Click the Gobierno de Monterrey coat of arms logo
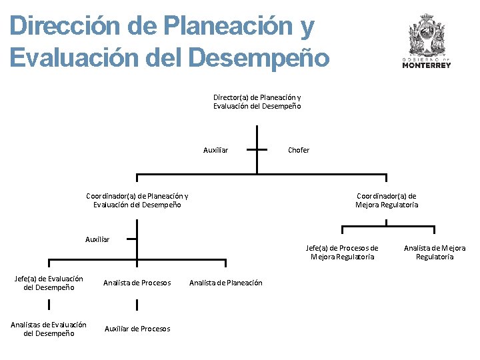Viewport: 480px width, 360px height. point(426,37)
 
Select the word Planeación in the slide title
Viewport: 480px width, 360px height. point(225,27)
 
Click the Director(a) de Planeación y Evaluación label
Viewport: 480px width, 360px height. point(257,101)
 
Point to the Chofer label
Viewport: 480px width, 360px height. point(299,150)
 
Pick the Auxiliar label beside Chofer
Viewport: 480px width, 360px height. point(215,150)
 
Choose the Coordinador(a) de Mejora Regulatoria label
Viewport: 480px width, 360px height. point(387,200)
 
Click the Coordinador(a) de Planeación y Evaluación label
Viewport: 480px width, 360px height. point(137,200)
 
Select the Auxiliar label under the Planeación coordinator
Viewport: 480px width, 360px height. point(97,239)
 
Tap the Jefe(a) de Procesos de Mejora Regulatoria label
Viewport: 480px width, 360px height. point(342,252)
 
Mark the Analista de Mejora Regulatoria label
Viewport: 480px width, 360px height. point(435,252)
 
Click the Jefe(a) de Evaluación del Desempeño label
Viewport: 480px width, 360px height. point(49,283)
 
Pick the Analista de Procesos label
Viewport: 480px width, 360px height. point(137,283)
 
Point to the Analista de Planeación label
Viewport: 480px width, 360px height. point(226,283)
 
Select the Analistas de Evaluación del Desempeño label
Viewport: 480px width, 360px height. point(49,329)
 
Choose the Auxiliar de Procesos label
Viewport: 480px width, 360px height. point(137,329)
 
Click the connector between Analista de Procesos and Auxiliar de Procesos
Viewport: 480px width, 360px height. point(137,305)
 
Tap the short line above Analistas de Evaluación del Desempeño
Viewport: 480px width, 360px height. point(49,305)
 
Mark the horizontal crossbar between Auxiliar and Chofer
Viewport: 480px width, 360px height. point(257,150)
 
